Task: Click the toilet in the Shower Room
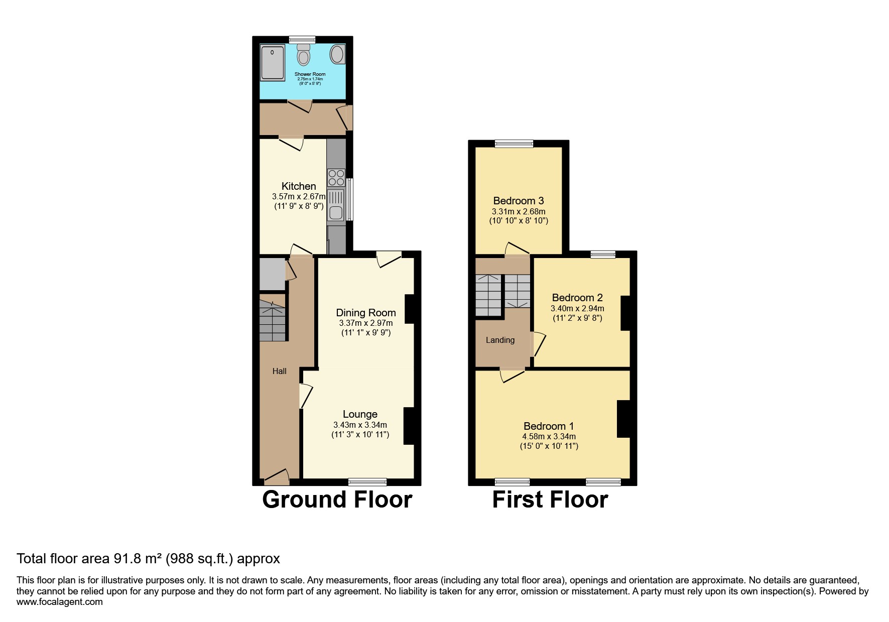tap(303, 56)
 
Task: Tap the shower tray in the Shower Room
tap(272, 62)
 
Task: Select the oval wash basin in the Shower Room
tap(337, 54)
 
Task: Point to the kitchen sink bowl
tap(336, 213)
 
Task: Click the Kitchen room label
tap(299, 186)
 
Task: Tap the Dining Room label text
tap(365, 313)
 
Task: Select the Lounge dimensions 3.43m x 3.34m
tap(360, 425)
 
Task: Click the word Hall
tap(279, 371)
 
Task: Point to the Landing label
tap(500, 340)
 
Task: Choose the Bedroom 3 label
tap(518, 201)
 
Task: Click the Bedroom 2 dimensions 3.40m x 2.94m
tap(577, 308)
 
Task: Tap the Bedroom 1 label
tap(548, 426)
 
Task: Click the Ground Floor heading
tap(337, 500)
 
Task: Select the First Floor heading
tap(550, 500)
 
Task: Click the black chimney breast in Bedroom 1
tap(623, 419)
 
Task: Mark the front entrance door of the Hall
tap(277, 478)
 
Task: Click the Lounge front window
tap(367, 482)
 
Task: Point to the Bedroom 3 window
tap(514, 144)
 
